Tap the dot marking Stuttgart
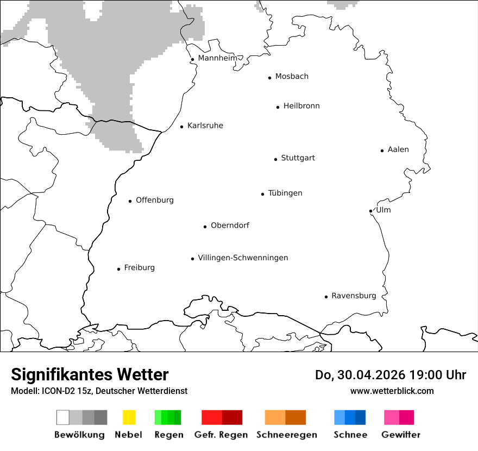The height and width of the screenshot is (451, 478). (275, 159)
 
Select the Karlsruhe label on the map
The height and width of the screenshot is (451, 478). (205, 126)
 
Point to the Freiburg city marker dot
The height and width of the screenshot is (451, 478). (118, 269)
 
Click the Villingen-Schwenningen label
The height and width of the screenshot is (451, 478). (243, 258)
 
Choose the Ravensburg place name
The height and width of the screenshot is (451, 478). (354, 296)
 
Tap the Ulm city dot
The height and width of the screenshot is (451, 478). (370, 211)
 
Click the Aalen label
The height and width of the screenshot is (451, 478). (398, 149)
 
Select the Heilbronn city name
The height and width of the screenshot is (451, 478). (301, 106)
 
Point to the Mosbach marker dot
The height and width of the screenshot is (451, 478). (269, 78)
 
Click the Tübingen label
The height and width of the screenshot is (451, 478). (285, 193)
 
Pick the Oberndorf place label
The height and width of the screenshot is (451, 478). (230, 225)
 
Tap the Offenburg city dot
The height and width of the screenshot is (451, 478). (130, 201)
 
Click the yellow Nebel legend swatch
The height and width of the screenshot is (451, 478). (129, 417)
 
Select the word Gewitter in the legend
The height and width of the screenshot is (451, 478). (401, 435)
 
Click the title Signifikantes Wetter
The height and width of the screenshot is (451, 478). (90, 374)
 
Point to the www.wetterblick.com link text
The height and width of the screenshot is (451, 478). (392, 391)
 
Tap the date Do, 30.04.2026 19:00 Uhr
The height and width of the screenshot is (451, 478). (391, 375)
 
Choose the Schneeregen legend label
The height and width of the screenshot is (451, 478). (286, 435)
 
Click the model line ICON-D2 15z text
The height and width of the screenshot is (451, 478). (99, 391)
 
